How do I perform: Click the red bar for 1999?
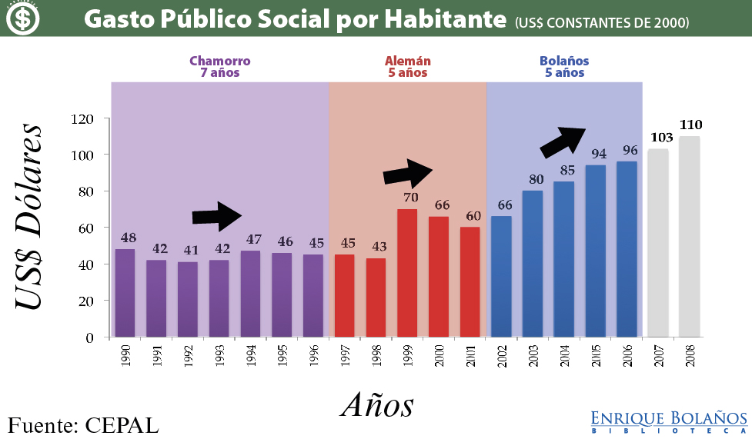(x=407, y=273)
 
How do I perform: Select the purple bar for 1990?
(x=125, y=293)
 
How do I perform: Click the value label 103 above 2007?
(x=662, y=138)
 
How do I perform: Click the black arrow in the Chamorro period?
(x=217, y=217)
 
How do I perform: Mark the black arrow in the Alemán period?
(x=408, y=173)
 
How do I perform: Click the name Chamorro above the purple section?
(x=219, y=61)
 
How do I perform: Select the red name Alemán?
(x=407, y=61)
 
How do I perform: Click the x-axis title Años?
(x=377, y=404)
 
